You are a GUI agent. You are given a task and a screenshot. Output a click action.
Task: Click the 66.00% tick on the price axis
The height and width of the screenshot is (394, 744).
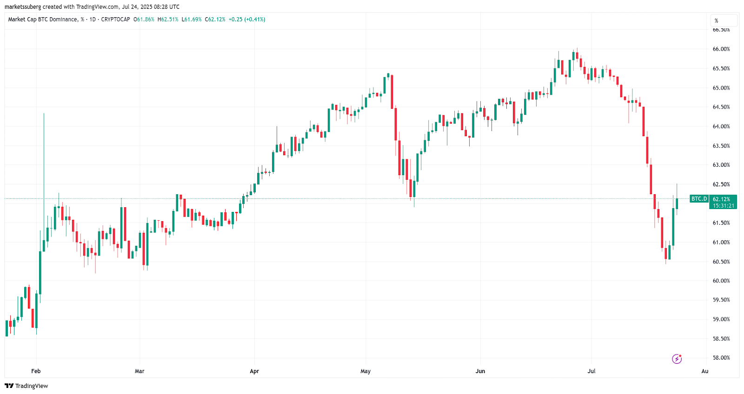721,49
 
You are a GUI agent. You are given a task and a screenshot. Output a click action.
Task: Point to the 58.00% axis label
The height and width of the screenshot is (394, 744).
721,358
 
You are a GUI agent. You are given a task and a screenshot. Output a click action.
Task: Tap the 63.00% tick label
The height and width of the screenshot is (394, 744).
721,165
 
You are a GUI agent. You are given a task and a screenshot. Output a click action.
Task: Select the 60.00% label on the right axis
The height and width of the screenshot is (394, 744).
721,281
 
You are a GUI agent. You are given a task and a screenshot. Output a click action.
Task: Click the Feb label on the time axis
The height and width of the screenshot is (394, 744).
36,371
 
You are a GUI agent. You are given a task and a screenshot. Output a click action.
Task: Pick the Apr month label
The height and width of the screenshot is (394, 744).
254,371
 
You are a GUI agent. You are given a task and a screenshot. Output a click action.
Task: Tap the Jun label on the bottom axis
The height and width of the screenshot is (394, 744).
480,371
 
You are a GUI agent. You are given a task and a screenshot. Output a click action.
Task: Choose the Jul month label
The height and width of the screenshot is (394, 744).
591,371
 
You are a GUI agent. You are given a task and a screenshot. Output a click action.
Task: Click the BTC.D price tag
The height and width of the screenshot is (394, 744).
699,199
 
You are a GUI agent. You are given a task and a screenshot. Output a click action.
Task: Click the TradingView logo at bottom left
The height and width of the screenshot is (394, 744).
27,386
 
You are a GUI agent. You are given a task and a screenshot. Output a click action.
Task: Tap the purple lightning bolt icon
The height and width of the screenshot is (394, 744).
677,359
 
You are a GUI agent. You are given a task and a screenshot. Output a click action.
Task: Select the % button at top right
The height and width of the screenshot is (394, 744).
724,21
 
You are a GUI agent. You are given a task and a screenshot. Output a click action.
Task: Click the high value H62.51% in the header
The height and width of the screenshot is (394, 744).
168,20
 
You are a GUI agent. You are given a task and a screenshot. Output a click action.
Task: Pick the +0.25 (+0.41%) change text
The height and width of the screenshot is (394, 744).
247,20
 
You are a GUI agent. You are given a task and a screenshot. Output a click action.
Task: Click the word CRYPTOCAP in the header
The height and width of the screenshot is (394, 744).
115,20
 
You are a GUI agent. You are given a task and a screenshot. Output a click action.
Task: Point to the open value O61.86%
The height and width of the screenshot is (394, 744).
144,20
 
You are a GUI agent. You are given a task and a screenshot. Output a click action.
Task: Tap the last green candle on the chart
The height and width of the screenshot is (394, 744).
677,204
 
